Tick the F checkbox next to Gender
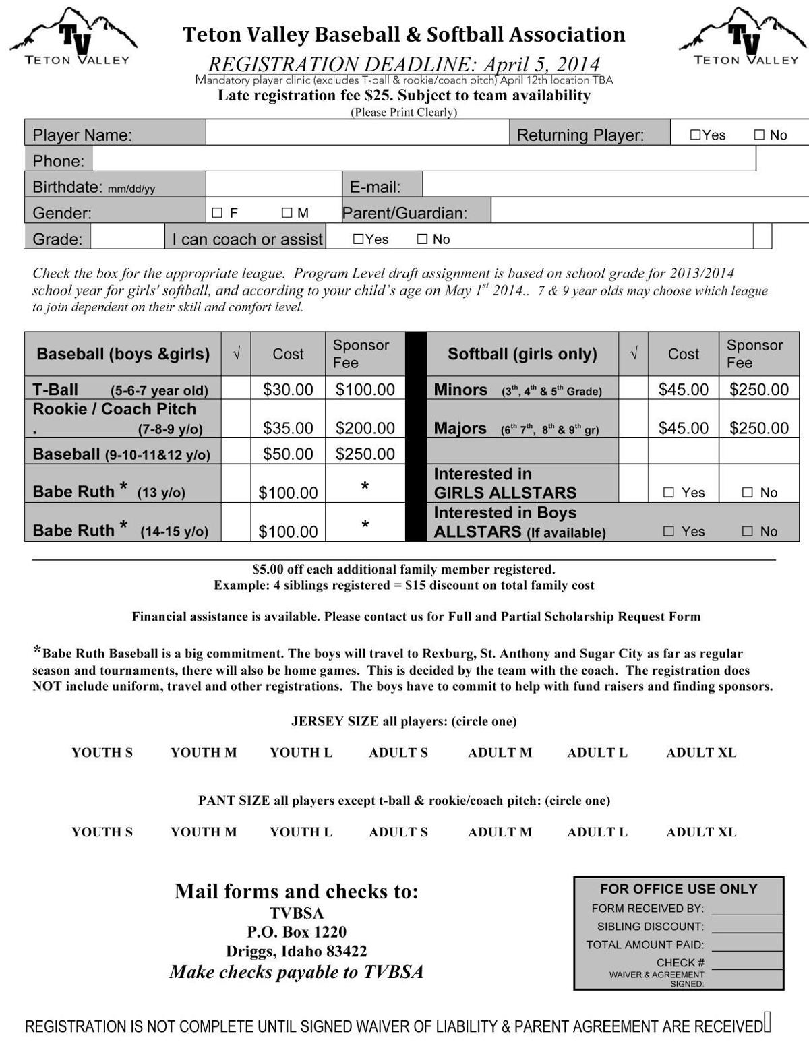click(217, 213)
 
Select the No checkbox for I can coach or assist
click(422, 239)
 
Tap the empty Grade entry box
click(127, 237)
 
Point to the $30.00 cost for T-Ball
click(288, 390)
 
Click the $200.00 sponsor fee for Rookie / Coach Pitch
click(365, 428)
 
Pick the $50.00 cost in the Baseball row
click(288, 454)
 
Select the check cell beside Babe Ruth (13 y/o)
click(236, 484)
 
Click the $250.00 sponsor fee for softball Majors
click(758, 428)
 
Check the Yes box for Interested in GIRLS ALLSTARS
click(669, 493)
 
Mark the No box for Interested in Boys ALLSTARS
click(747, 532)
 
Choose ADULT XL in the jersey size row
click(701, 753)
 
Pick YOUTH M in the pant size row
click(204, 832)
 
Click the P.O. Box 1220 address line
click(297, 932)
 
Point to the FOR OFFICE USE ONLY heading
click(678, 890)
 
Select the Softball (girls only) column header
click(522, 354)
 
